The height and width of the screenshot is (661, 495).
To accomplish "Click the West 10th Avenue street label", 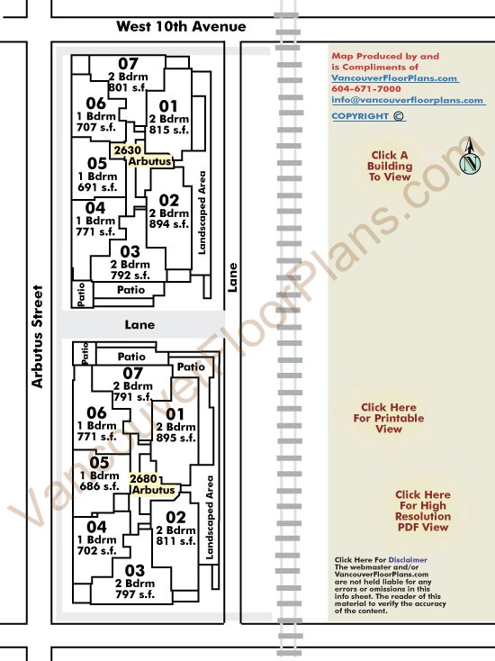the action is [181, 26].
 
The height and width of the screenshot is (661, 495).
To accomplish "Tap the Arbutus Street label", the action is [38, 337].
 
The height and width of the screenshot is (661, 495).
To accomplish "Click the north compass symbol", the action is [470, 156].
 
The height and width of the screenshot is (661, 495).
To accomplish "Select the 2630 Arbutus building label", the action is [141, 156].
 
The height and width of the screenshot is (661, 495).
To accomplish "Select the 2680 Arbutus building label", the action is [152, 484].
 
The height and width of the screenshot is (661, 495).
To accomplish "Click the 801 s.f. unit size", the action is [127, 87].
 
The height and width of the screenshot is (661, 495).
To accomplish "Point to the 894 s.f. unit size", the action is [169, 224].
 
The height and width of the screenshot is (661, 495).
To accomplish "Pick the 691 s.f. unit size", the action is [97, 187].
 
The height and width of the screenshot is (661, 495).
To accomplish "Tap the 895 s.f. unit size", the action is [175, 438].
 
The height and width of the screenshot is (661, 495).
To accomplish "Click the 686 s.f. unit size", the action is [99, 486].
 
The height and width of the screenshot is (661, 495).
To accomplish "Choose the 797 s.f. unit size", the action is [135, 594].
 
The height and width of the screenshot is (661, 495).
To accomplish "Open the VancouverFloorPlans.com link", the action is [394, 78].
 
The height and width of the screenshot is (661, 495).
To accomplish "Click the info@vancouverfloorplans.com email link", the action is [408, 100].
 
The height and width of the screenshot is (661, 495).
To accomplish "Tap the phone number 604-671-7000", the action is [366, 89].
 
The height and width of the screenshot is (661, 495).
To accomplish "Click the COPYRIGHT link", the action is [368, 116].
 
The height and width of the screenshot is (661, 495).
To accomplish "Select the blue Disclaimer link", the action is [408, 560].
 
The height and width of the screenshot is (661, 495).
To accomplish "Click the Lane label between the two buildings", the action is [139, 325].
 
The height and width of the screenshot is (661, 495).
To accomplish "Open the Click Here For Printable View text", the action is [389, 418].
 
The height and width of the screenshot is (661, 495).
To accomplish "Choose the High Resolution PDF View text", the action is [423, 516].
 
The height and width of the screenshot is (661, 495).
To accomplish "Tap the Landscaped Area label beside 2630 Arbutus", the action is [202, 213].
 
